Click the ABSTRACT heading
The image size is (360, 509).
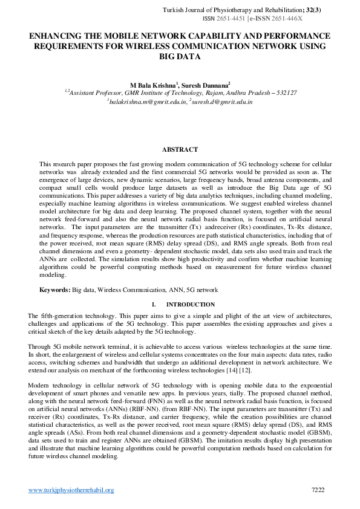pyautogui.click(x=180, y=149)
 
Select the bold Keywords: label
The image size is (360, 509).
pyautogui.click(x=55, y=290)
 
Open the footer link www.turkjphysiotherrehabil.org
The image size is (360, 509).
pyautogui.click(x=71, y=490)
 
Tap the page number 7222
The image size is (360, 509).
pyautogui.click(x=318, y=489)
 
